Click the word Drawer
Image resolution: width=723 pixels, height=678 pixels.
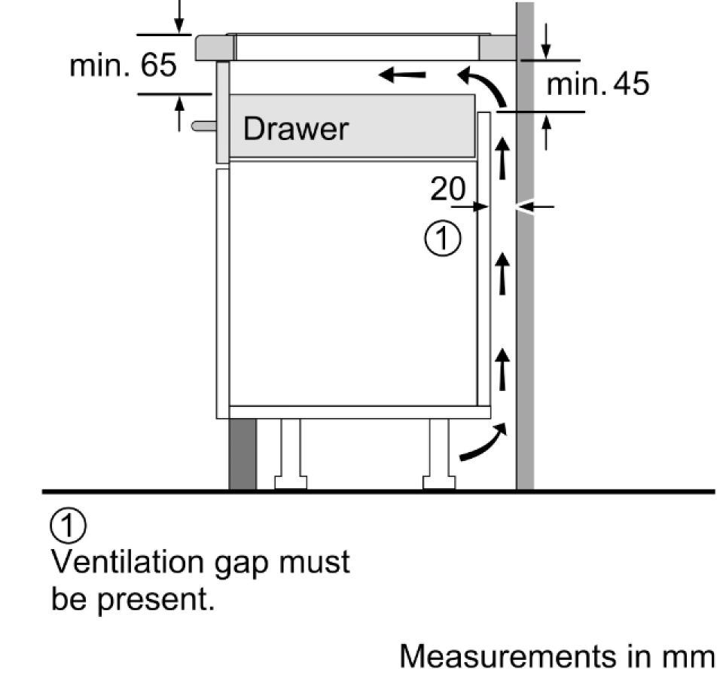pyautogui.click(x=295, y=128)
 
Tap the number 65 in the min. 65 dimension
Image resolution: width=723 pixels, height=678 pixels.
pyautogui.click(x=158, y=65)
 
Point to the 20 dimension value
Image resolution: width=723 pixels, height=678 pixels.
pyautogui.click(x=447, y=188)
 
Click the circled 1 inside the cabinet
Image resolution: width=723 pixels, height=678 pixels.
pyautogui.click(x=442, y=239)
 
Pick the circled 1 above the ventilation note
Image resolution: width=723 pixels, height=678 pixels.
pyautogui.click(x=68, y=526)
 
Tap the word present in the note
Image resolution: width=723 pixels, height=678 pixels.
pyautogui.click(x=156, y=600)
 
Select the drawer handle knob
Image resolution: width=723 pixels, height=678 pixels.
pyautogui.click(x=204, y=126)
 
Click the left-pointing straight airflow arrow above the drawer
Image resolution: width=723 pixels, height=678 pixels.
pyautogui.click(x=401, y=74)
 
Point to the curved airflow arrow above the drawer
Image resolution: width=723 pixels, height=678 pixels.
pyautogui.click(x=487, y=85)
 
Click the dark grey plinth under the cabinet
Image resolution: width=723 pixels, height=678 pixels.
pyautogui.click(x=243, y=454)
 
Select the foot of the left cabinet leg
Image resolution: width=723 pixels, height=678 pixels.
pyautogui.click(x=291, y=482)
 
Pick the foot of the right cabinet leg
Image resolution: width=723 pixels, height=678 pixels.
pyautogui.click(x=439, y=482)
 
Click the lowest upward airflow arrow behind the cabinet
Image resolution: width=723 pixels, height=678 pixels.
pyautogui.click(x=502, y=370)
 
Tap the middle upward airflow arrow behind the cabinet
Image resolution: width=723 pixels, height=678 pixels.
pyautogui.click(x=502, y=273)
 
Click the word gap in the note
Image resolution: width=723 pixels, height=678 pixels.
pyautogui.click(x=241, y=564)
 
